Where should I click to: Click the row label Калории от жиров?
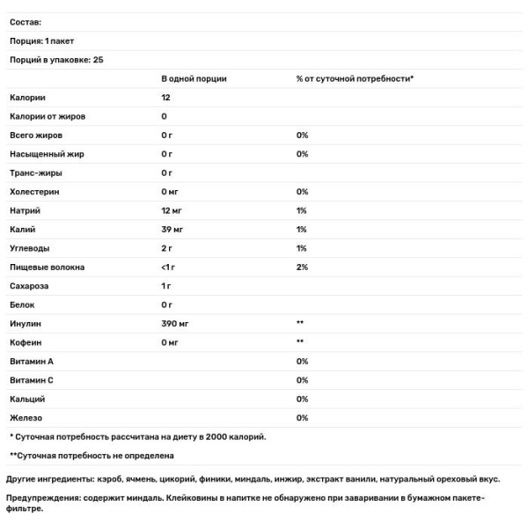47,116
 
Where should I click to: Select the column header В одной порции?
194,78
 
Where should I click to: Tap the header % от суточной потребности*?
355,78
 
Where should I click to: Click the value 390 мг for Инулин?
175,324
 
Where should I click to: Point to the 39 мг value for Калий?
172,230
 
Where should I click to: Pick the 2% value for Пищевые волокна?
302,268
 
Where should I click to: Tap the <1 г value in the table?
169,268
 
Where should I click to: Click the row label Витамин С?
32,380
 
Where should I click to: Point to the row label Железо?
26,418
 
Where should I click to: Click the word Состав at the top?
26,22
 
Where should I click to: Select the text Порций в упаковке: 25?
55,59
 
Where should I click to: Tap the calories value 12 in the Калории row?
166,97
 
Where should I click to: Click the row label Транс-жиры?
35,172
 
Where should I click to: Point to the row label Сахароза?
30,286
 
